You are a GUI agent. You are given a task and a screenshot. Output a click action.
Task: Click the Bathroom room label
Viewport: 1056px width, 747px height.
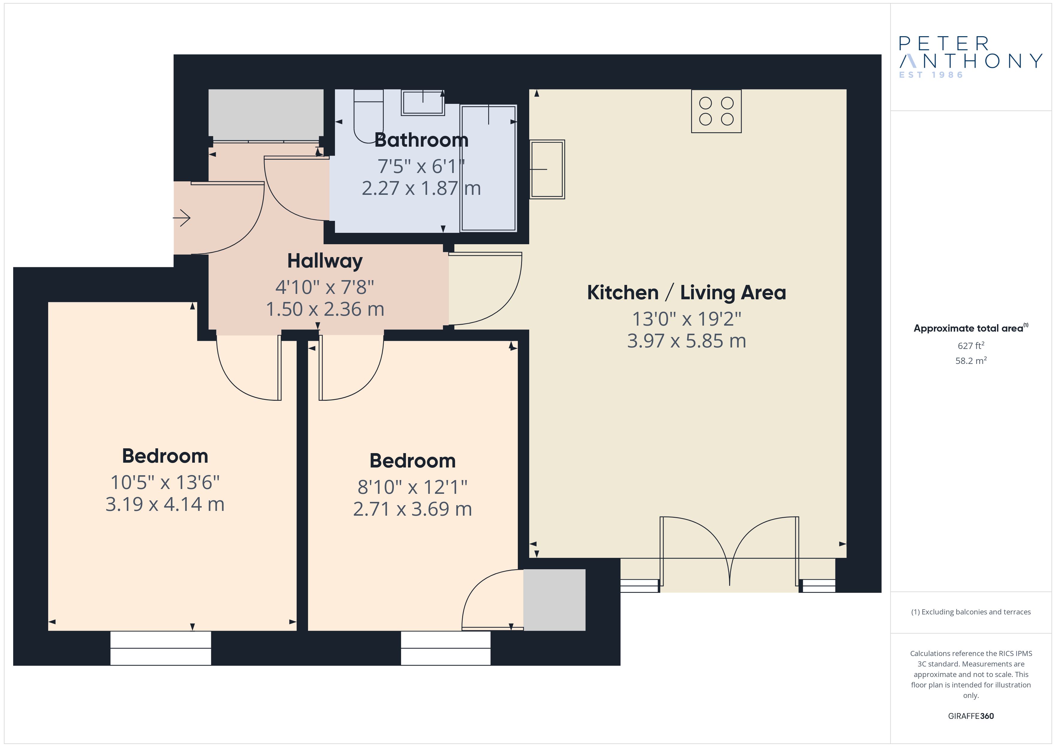point(421,140)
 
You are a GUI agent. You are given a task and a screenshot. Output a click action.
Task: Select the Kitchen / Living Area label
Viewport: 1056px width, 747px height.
point(686,292)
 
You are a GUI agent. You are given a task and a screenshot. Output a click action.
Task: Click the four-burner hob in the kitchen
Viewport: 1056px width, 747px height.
point(716,111)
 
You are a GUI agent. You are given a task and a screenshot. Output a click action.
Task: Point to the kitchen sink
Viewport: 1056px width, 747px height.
point(547,169)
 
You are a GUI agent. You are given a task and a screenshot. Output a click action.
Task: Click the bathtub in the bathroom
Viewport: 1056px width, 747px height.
point(488,168)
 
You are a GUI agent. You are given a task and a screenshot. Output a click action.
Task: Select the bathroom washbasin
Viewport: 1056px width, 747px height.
point(423,102)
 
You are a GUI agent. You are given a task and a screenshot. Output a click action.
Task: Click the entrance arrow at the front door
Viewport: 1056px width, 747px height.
point(182,218)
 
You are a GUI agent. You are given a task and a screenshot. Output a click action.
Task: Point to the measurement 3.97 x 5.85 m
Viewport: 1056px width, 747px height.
point(686,341)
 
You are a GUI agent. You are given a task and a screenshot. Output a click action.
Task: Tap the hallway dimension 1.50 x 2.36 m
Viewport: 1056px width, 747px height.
point(325,309)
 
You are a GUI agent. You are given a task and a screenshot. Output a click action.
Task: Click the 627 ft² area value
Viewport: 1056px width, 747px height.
point(971,345)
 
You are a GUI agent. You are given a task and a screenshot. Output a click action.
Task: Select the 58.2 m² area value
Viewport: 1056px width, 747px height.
point(971,361)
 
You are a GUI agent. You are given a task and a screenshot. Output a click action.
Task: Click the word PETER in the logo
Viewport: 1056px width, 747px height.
point(944,44)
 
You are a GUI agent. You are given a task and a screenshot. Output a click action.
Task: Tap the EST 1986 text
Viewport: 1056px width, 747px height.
point(931,75)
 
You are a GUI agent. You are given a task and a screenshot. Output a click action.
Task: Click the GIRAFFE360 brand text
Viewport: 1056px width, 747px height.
point(971,716)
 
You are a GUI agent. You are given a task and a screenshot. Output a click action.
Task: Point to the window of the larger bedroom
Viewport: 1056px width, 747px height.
point(160,648)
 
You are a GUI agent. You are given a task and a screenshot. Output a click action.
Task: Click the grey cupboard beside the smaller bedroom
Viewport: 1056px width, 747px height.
point(554,600)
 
